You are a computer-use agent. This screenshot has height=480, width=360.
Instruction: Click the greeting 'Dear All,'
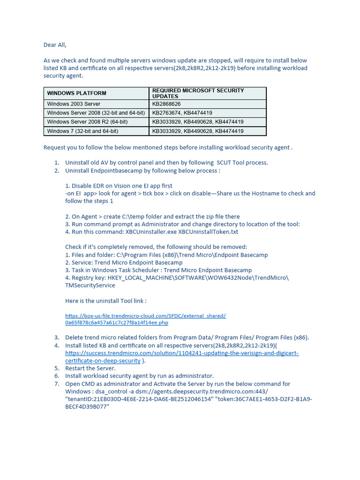click(55, 45)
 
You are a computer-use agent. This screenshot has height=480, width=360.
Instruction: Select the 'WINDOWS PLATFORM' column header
click(76, 93)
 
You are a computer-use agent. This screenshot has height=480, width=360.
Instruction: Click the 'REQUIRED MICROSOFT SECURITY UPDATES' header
click(198, 93)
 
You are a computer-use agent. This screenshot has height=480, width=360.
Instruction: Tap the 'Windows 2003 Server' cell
click(74, 104)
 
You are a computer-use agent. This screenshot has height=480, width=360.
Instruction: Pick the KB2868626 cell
click(166, 104)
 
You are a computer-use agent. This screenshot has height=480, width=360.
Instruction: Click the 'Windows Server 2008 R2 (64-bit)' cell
click(87, 122)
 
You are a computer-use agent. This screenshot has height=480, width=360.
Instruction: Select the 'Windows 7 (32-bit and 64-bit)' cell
click(82, 131)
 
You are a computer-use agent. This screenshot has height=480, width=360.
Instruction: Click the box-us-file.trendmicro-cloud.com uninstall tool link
click(145, 319)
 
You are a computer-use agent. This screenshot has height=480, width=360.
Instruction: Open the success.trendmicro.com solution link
click(182, 353)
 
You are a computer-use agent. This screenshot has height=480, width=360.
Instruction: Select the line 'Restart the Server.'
click(90, 368)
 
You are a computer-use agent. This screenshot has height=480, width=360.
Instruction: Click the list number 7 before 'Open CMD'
click(56, 383)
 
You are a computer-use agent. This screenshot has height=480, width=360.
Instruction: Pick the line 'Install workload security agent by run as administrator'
click(139, 376)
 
